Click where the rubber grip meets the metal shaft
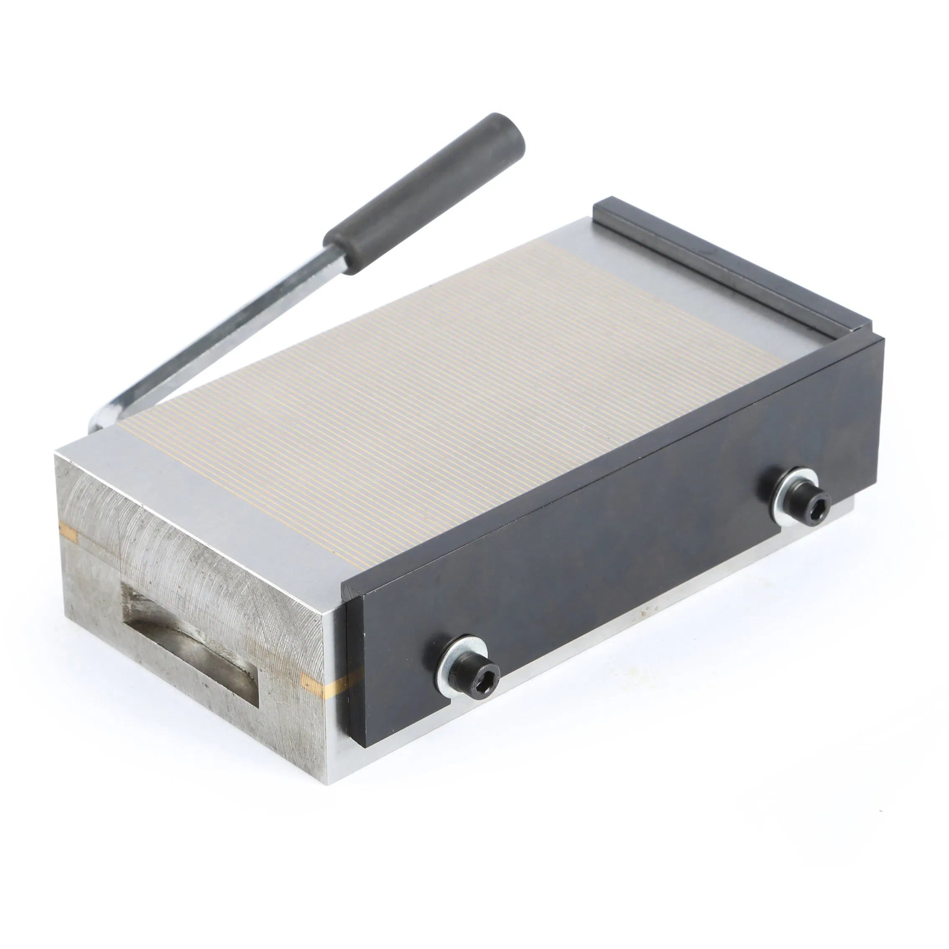pyautogui.click(x=339, y=253)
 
